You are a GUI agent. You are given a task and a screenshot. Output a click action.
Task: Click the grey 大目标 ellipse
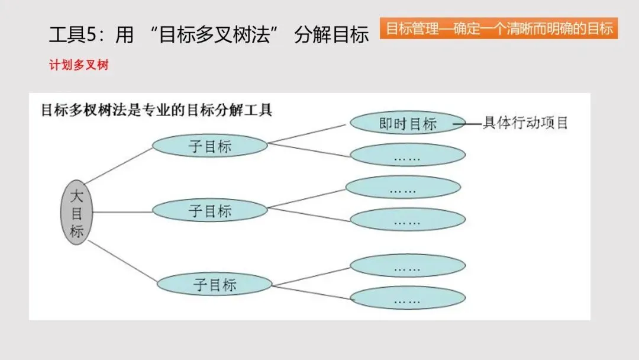click(x=76, y=213)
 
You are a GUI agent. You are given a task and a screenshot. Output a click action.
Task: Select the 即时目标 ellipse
click(x=408, y=123)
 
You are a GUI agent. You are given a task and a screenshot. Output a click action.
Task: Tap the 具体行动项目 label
click(x=525, y=123)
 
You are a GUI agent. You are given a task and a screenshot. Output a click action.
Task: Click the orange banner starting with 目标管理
click(x=499, y=28)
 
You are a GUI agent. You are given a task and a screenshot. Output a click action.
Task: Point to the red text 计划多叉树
click(x=79, y=66)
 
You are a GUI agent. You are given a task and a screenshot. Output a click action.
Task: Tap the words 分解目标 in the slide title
click(x=331, y=35)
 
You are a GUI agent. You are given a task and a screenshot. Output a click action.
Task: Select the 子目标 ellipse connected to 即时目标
click(x=210, y=146)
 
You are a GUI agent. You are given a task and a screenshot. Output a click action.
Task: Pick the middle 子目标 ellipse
click(x=210, y=210)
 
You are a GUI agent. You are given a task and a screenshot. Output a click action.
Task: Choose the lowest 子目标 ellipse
click(x=214, y=284)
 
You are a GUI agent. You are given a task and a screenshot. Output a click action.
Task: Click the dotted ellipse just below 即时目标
click(x=408, y=155)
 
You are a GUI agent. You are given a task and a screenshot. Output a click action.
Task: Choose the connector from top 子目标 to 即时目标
click(x=308, y=134)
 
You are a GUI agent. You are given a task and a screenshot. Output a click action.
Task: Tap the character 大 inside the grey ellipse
click(x=76, y=196)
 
